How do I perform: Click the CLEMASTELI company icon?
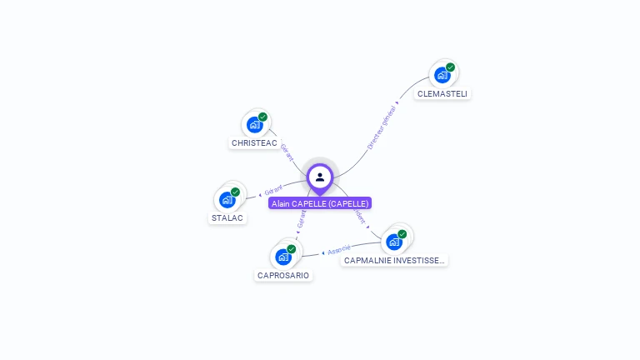[442, 75]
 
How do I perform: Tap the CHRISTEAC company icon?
[254, 124]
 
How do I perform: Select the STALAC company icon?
[227, 199]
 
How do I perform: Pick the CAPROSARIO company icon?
[283, 257]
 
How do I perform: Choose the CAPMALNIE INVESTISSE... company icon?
[394, 242]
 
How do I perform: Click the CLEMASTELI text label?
[442, 94]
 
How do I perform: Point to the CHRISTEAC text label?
[254, 143]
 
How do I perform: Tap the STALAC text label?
[227, 218]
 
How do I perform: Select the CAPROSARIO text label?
[283, 276]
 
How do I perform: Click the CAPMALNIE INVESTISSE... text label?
[394, 261]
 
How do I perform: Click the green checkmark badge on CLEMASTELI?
[451, 67]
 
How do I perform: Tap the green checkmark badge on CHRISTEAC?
[262, 117]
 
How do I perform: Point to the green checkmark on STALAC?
[235, 192]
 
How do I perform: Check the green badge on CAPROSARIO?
[292, 248]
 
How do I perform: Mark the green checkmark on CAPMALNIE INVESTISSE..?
[402, 234]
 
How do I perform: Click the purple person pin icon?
[320, 177]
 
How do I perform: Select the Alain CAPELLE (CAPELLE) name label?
[320, 203]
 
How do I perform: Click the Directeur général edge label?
[382, 127]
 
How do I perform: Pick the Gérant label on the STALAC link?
[273, 189]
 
